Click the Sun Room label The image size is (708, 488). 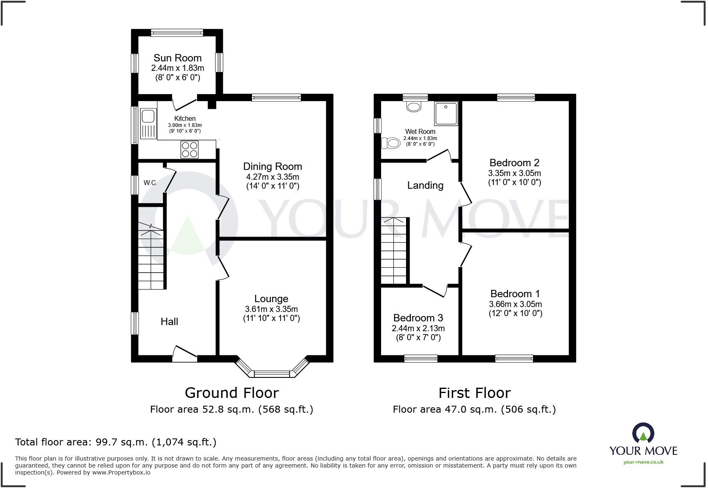tap(177, 58)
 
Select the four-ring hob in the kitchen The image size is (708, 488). tap(189, 149)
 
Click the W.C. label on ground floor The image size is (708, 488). tap(150, 183)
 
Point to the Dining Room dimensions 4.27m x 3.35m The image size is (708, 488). tap(272, 177)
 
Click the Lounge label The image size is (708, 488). tap(271, 299)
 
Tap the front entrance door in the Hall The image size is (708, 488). tap(184, 354)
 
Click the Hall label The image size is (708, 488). tap(169, 322)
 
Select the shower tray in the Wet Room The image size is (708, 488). tap(446, 113)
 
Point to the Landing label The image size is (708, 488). tap(425, 185)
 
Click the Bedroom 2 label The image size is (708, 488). tap(514, 163)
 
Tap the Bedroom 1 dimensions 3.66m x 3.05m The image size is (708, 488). tap(515, 304)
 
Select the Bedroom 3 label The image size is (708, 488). tap(418, 318)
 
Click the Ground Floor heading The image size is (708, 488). tap(231, 393)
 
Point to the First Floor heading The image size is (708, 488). tap(474, 393)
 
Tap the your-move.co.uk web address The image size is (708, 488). tap(643, 462)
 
